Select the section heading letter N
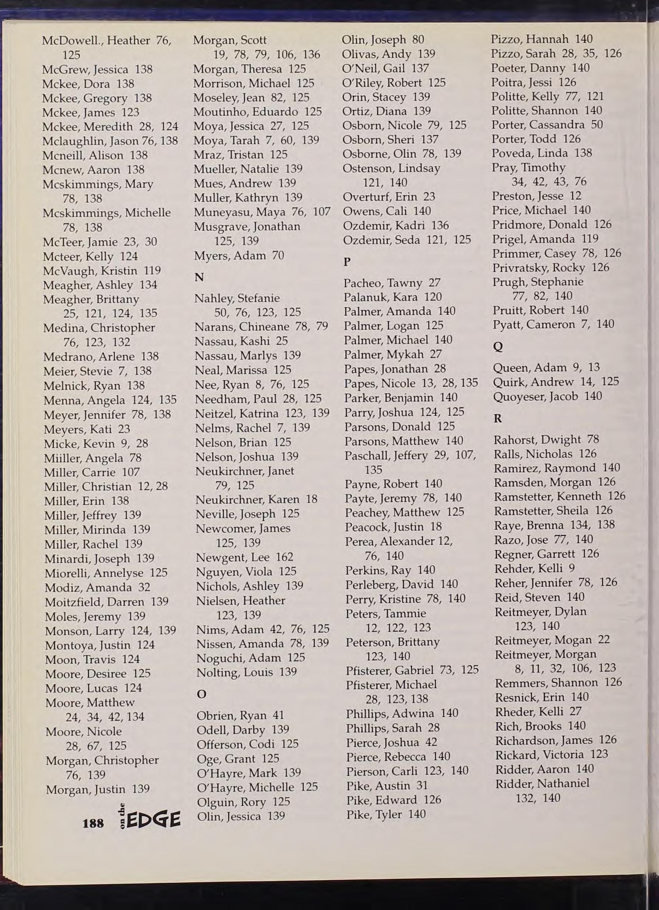tap(199, 278)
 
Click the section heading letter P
tap(347, 262)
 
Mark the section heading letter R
tap(498, 419)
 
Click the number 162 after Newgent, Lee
tap(284, 557)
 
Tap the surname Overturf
tap(365, 197)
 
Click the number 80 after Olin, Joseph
tap(418, 40)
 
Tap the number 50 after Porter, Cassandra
tap(597, 125)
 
